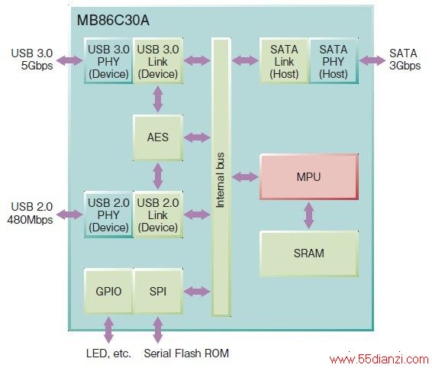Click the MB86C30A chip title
click(x=113, y=21)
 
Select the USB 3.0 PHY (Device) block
click(x=108, y=61)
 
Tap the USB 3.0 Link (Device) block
click(x=158, y=61)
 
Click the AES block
click(x=158, y=137)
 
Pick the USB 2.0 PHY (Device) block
click(x=108, y=215)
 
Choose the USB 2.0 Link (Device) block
click(x=158, y=215)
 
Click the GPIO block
click(x=108, y=291)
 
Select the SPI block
click(x=158, y=291)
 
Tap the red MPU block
click(x=309, y=176)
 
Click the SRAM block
click(x=309, y=253)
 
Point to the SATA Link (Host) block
click(x=284, y=61)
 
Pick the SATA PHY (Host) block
click(x=334, y=61)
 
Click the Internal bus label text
click(x=220, y=180)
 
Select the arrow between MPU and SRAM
click(x=309, y=215)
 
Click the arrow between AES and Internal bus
click(x=197, y=137)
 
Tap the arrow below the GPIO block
click(x=109, y=330)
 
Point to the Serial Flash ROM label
click(x=186, y=353)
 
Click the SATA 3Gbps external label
click(x=405, y=60)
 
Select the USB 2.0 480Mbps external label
click(x=30, y=213)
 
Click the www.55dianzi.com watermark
click(x=379, y=360)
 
